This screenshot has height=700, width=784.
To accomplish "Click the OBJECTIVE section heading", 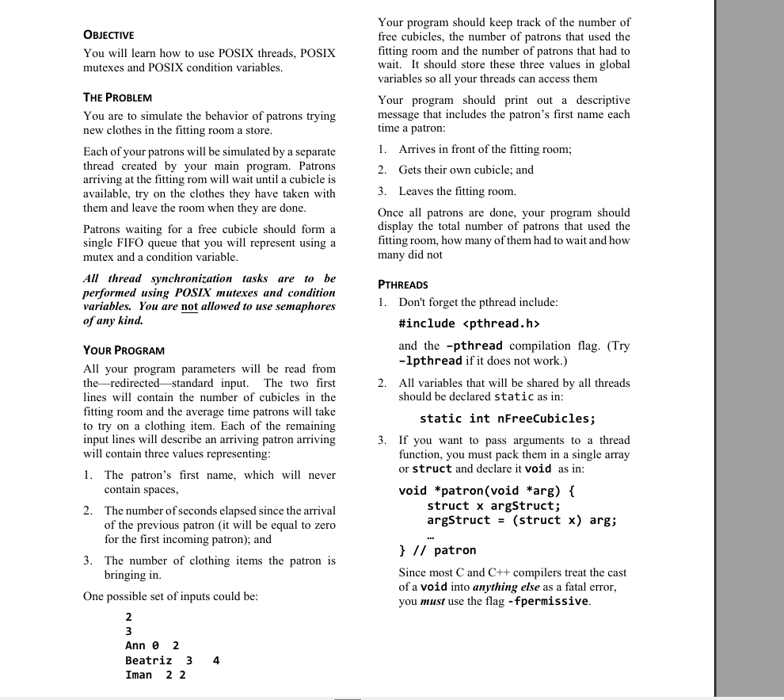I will [108, 35].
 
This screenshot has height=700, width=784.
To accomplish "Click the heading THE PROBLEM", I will [117, 98].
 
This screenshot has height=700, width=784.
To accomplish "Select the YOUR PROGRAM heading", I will [124, 350].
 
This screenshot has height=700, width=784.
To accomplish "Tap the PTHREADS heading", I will [403, 285].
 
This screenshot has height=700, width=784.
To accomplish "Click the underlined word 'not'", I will [189, 307].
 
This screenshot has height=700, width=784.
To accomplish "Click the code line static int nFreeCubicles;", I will [508, 419].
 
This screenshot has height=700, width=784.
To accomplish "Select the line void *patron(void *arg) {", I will [487, 491].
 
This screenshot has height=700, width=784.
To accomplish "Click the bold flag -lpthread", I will [430, 361].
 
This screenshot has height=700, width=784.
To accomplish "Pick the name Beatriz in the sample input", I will [148, 660].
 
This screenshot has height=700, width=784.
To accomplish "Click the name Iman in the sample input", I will [139, 675].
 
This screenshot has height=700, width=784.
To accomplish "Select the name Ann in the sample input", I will [135, 646].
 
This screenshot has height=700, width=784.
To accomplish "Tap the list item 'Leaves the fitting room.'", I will [457, 191].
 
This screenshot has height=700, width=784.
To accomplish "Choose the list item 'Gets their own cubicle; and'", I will [466, 170].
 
